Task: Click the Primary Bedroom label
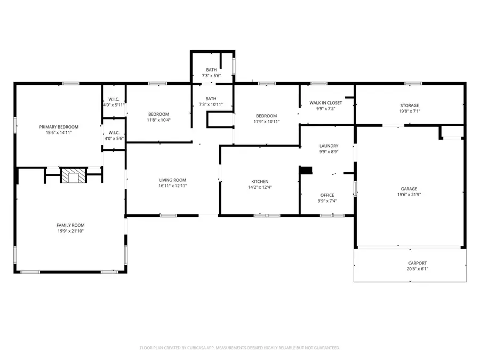(59, 126)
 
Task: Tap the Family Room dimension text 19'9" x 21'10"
(71, 231)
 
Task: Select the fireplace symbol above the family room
(71, 175)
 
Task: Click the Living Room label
(172, 180)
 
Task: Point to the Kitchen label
(260, 181)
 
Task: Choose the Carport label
(418, 263)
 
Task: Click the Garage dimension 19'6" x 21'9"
(409, 195)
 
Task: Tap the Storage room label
(410, 105)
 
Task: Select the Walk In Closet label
(325, 102)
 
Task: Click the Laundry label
(329, 146)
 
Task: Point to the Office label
(327, 195)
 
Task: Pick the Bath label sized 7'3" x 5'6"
(211, 69)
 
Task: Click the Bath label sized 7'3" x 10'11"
(211, 98)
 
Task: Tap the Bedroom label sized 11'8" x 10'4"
(158, 114)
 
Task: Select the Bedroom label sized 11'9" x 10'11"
(266, 116)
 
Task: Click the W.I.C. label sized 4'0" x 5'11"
(114, 99)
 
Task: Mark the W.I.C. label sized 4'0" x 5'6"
(114, 132)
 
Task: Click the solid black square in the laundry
(306, 170)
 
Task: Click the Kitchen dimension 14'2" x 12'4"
(260, 187)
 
